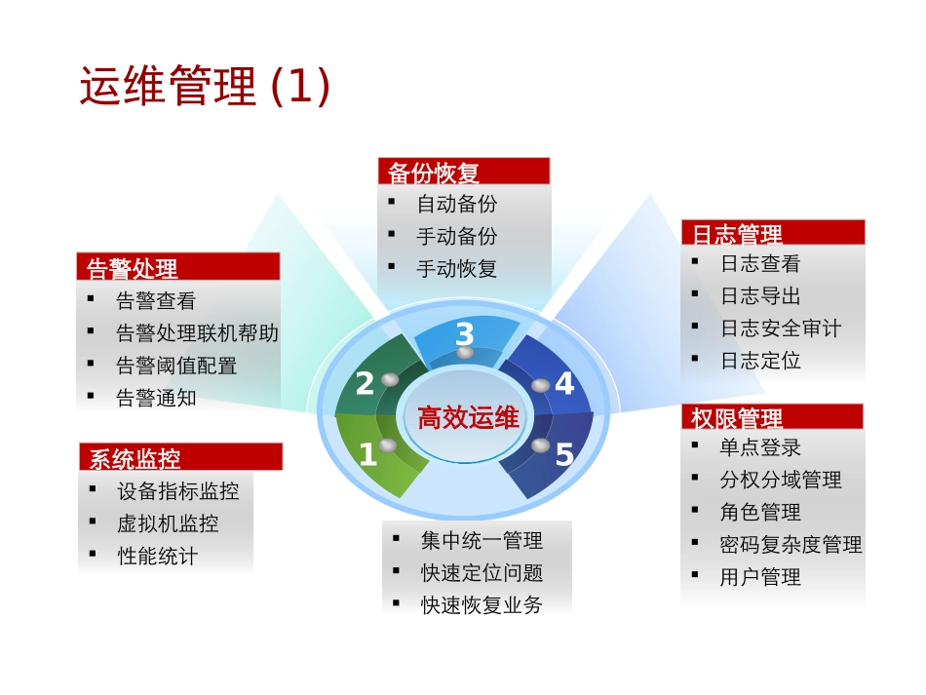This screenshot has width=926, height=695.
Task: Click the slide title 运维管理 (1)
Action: [205, 88]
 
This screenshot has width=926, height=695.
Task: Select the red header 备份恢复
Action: [434, 174]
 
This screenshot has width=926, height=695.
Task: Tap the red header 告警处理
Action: [133, 268]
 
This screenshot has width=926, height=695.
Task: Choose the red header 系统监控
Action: [135, 458]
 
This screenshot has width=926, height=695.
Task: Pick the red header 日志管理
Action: [737, 234]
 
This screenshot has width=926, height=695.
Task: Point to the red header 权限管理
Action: [737, 418]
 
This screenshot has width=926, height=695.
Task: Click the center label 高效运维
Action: [468, 419]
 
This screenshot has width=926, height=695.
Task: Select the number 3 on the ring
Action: [464, 334]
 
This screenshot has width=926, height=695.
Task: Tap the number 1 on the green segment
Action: [367, 454]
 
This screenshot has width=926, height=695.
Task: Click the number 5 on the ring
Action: [564, 454]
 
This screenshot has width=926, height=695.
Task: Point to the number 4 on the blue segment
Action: [564, 384]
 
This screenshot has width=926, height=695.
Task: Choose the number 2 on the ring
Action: [365, 384]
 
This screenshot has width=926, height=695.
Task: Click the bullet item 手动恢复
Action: [456, 268]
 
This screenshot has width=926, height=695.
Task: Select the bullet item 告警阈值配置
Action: [175, 366]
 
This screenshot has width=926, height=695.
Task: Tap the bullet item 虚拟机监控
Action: [167, 523]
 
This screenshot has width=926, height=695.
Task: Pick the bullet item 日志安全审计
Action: [780, 328]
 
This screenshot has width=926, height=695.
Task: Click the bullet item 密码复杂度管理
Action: [791, 544]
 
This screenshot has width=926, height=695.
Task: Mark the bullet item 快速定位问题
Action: [482, 572]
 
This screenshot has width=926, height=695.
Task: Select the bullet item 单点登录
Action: [760, 447]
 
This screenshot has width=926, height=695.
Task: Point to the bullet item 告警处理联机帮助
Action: [197, 333]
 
